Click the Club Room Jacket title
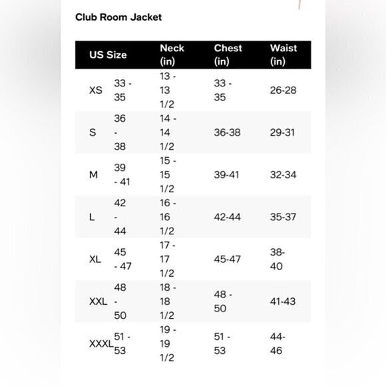118,17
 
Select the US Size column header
108,55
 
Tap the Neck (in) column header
172,55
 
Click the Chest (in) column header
228,55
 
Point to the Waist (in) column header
283,55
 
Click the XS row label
96,91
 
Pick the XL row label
95,259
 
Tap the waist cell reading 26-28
283,91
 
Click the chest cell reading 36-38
227,132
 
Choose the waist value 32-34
283,174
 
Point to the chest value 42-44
227,217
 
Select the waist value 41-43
283,301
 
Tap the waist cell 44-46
278,343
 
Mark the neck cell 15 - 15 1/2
168,174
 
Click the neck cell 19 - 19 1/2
168,343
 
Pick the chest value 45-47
227,259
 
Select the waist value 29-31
283,132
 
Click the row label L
92,217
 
